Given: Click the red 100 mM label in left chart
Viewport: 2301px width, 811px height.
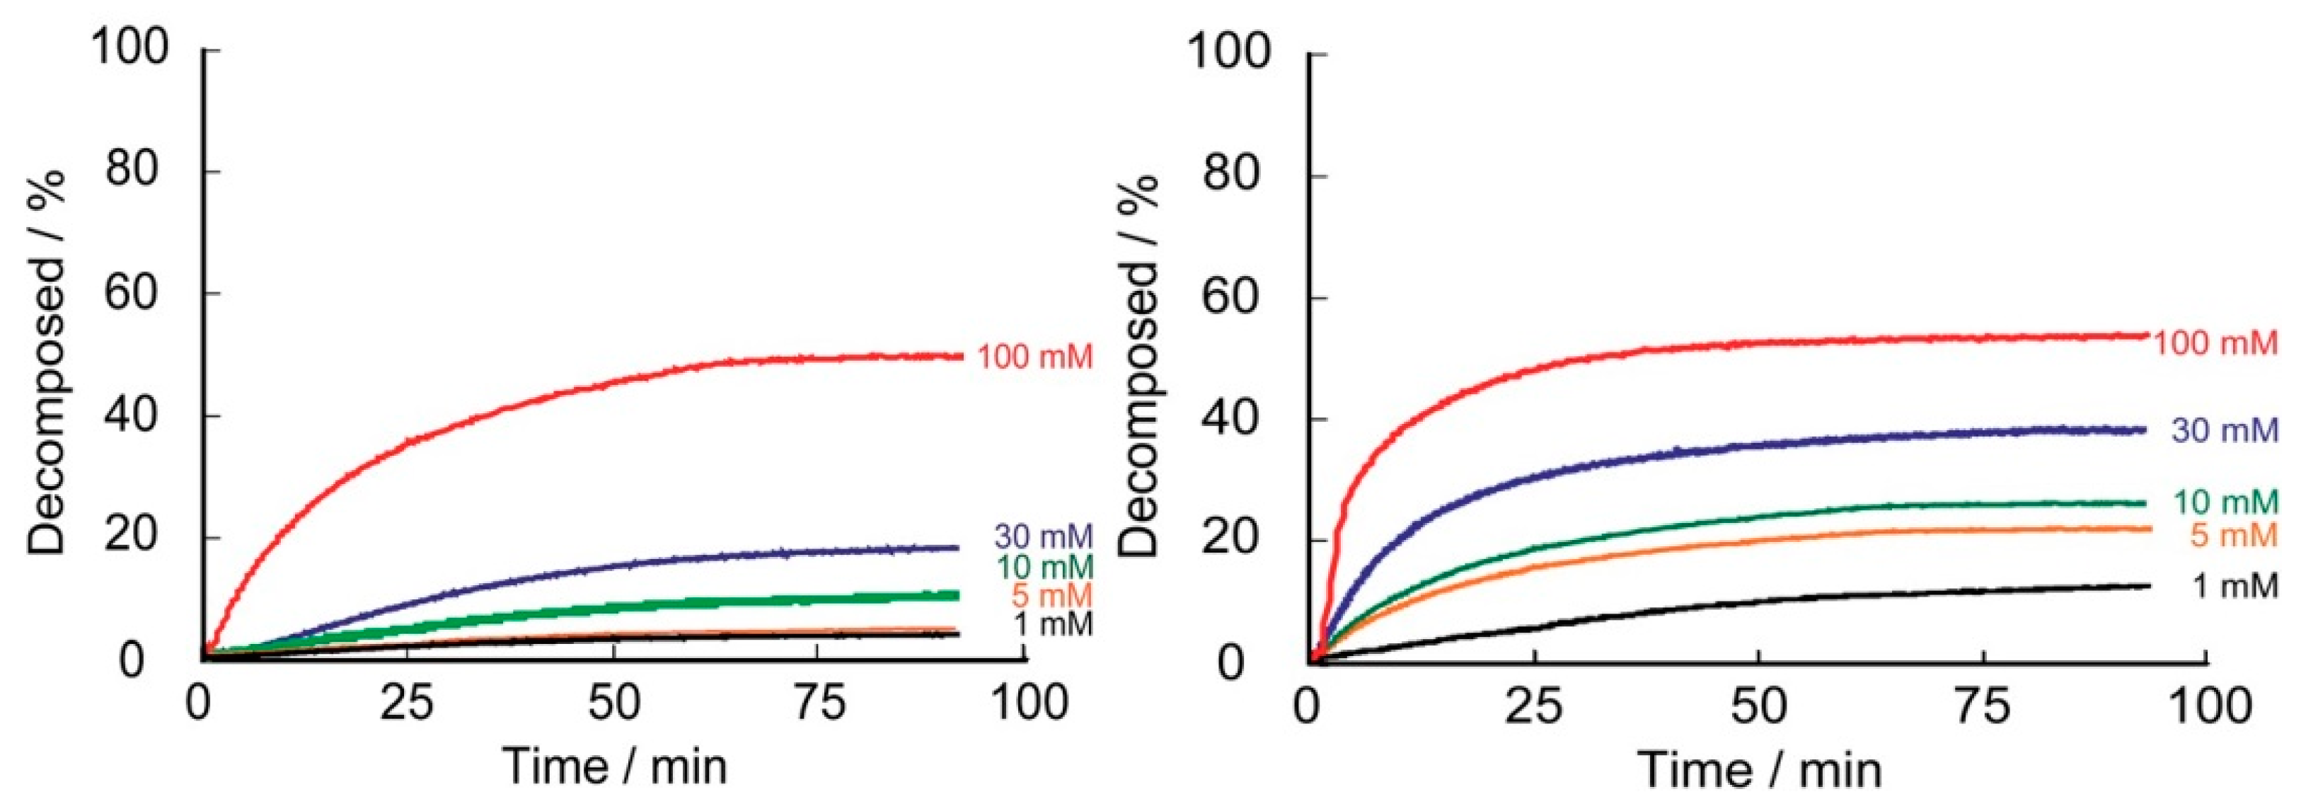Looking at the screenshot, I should [1034, 357].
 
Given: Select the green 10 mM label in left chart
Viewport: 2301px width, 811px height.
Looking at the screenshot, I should [1042, 566].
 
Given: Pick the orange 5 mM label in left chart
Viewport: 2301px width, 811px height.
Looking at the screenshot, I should [1051, 596].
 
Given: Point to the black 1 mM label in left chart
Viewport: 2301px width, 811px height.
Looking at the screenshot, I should [1052, 624].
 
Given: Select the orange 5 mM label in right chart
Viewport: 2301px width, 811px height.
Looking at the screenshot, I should [2234, 535].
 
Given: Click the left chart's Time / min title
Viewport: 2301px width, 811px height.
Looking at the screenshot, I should [615, 766].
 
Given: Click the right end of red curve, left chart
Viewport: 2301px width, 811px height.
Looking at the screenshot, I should [961, 357].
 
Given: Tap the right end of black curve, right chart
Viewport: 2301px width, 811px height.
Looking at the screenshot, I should [2147, 587].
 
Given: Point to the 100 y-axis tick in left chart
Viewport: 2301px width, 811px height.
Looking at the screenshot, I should [130, 47].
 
